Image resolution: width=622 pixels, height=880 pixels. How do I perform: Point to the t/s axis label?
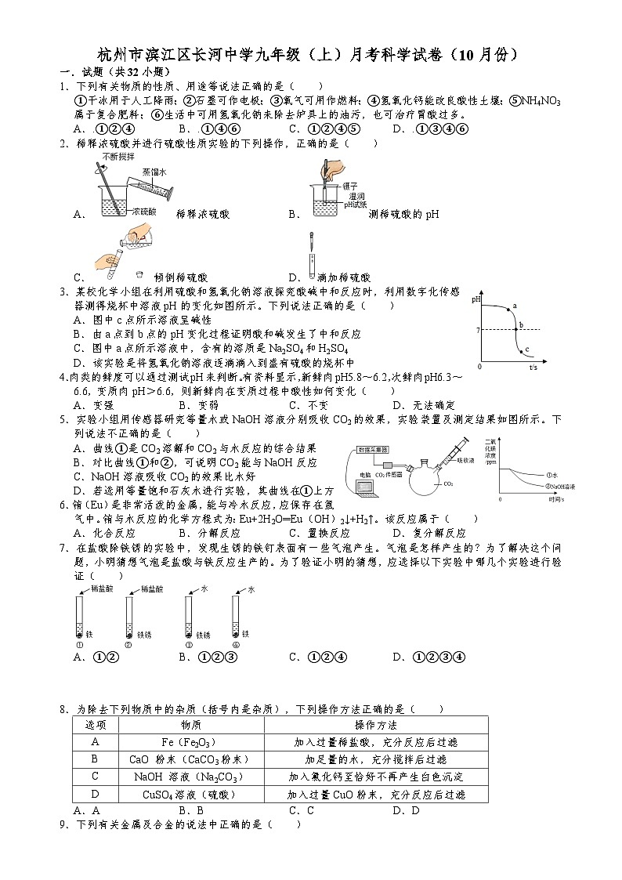(533, 367)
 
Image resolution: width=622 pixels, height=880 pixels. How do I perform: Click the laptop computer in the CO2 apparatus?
(364, 486)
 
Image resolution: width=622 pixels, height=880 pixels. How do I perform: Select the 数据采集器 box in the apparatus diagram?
(374, 449)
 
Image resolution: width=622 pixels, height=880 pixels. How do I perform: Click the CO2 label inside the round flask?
(448, 484)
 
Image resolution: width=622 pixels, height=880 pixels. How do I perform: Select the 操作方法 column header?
(375, 725)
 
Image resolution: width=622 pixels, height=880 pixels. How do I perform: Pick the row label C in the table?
(95, 776)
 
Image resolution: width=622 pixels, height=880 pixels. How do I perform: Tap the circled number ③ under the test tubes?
(189, 644)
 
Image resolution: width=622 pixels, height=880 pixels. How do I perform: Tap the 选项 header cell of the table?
(95, 725)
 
